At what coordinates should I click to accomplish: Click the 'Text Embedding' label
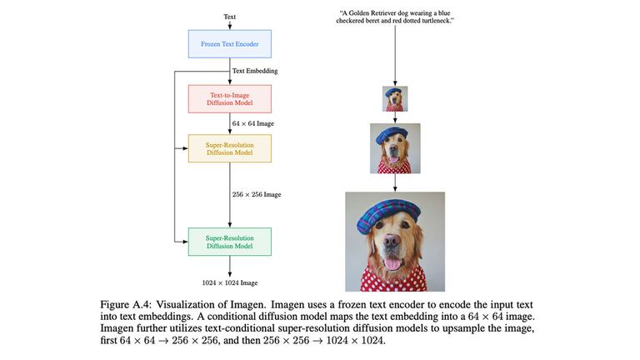[255, 71]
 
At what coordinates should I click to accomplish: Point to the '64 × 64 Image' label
[253, 123]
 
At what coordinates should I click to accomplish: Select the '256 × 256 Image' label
[257, 194]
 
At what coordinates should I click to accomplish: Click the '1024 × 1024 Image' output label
[230, 283]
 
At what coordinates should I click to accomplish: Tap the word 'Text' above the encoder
[230, 16]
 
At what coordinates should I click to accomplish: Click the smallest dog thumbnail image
[395, 99]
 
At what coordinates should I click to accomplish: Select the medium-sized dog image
[395, 148]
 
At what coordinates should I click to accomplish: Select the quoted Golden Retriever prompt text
[395, 17]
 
